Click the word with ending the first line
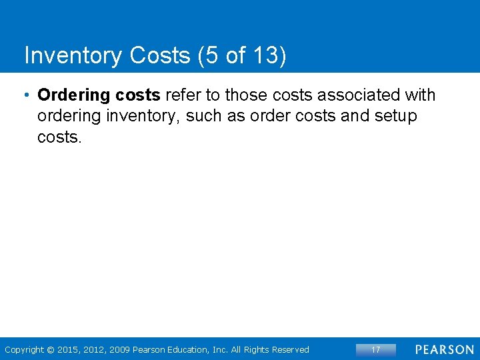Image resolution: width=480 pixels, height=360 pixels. pyautogui.click(x=421, y=95)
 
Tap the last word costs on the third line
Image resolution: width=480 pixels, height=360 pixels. pyautogui.click(x=59, y=138)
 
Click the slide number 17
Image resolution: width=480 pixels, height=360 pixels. pyautogui.click(x=375, y=349)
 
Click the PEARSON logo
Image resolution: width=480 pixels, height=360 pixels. pyautogui.click(x=444, y=349)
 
